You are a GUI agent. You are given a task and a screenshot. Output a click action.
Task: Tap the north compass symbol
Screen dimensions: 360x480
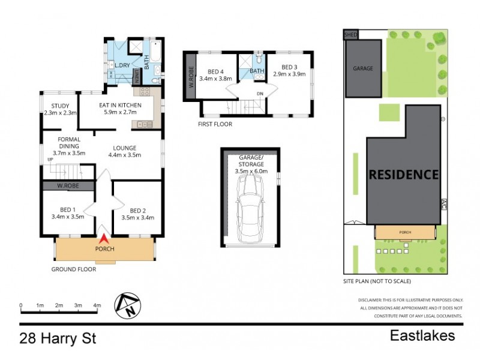point(128,305)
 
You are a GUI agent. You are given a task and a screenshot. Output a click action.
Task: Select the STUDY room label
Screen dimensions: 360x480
point(60,106)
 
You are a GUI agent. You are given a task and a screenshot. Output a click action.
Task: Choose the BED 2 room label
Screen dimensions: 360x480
point(137,211)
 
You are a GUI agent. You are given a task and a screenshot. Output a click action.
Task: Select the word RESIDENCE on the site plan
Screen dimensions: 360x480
point(403,175)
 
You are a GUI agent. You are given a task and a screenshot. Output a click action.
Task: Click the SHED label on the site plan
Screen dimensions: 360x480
point(350,35)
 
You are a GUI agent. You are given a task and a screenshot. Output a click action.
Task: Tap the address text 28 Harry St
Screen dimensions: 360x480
point(58,338)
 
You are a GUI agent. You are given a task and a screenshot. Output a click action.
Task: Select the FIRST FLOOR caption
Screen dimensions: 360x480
point(215,124)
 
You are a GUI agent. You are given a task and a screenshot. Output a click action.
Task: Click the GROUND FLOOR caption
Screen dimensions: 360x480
point(73,269)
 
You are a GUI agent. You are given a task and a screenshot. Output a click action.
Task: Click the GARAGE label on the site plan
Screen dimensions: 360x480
point(362,68)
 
